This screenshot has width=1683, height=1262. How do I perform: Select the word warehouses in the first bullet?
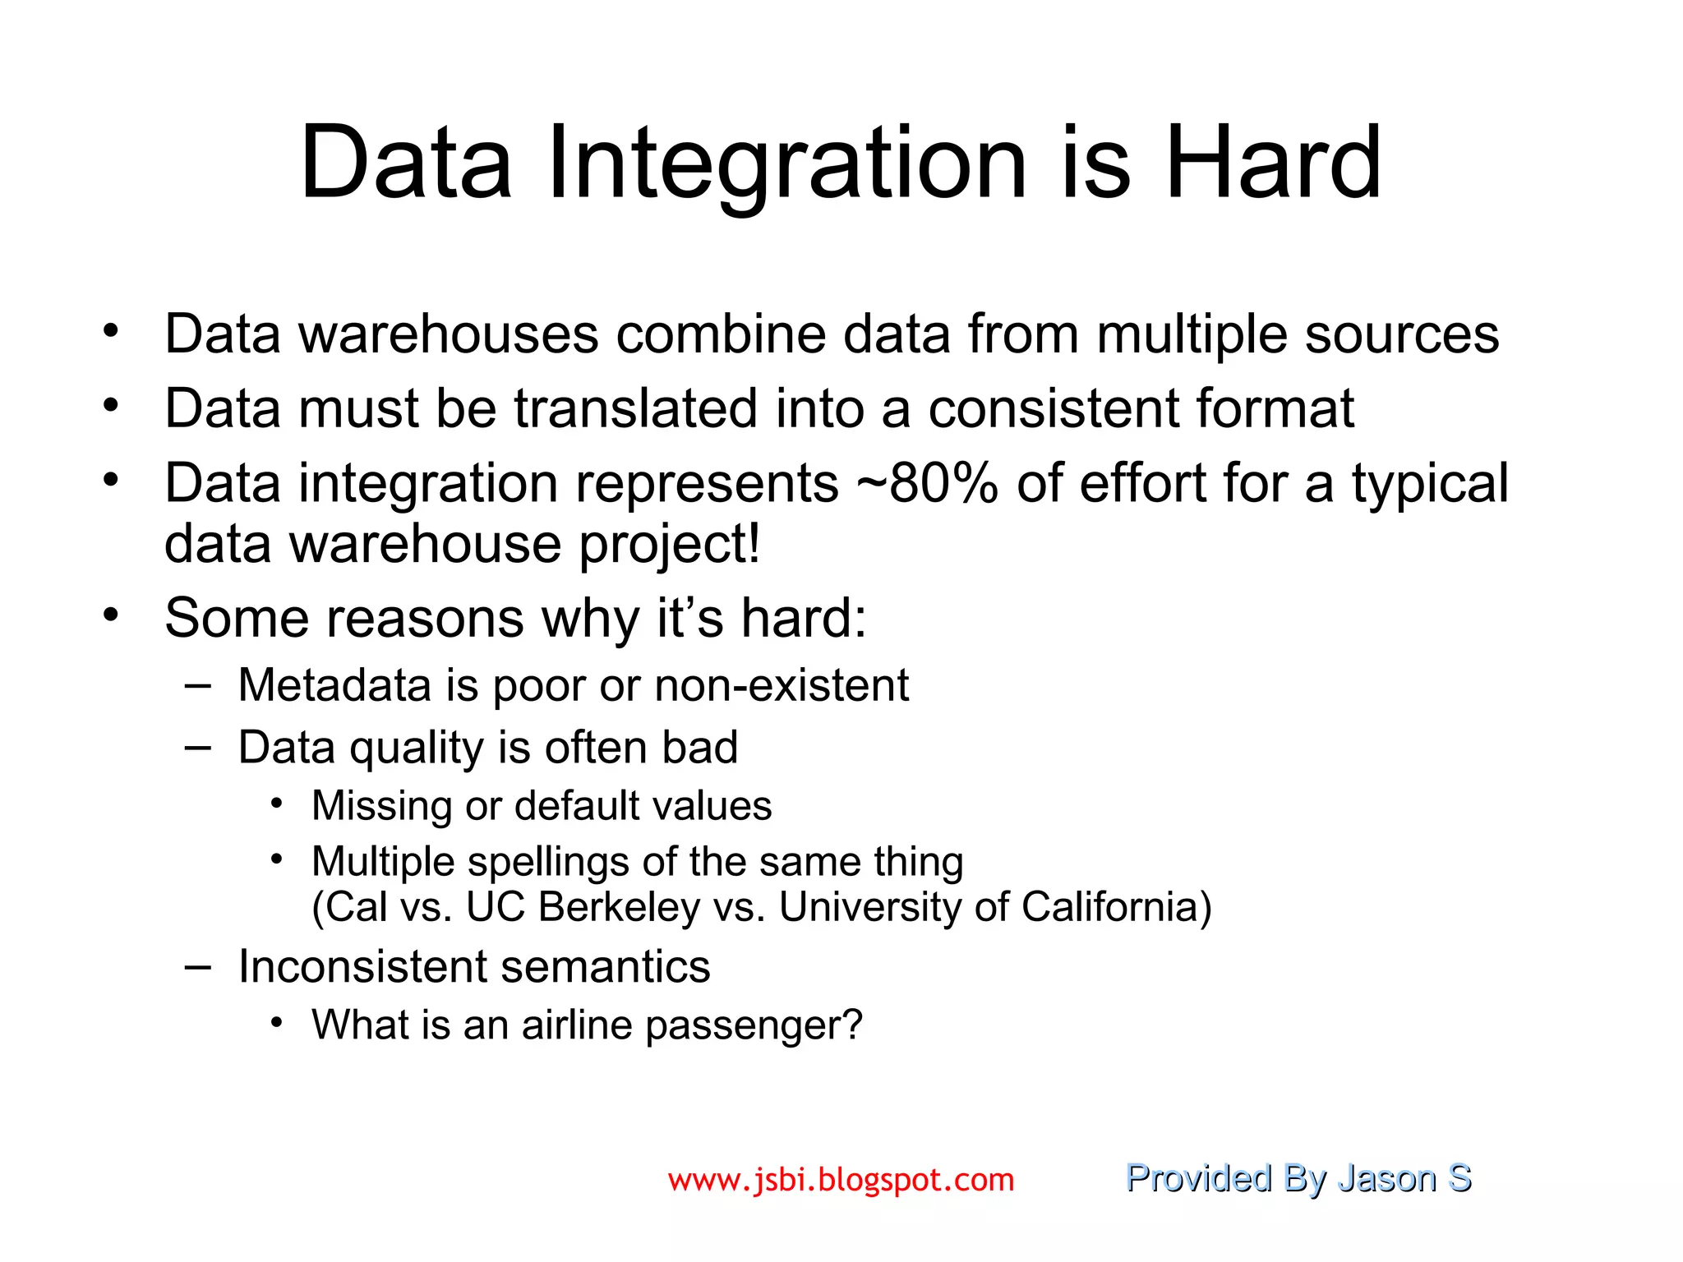[448, 335]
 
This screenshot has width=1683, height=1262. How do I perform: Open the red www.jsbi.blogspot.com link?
[841, 1180]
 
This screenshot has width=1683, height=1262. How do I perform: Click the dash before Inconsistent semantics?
[197, 967]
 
